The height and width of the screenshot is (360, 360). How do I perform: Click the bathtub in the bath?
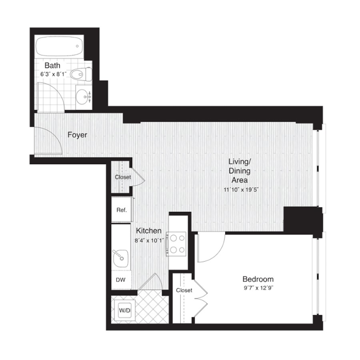click(x=59, y=46)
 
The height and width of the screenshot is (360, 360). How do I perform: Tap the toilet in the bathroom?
click(x=81, y=74)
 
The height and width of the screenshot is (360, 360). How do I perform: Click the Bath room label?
click(x=52, y=66)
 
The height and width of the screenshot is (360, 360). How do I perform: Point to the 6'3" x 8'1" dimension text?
click(x=54, y=74)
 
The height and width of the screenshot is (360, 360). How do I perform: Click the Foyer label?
click(x=77, y=135)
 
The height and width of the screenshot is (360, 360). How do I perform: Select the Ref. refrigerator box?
click(x=122, y=210)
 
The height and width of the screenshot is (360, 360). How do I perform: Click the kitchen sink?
click(x=120, y=258)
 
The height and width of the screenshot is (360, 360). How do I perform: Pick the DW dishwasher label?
click(x=120, y=280)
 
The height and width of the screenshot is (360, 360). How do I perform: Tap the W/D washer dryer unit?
click(x=125, y=311)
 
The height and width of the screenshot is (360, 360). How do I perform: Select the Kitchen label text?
click(x=149, y=230)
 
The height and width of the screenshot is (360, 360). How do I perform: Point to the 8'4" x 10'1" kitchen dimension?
click(x=149, y=241)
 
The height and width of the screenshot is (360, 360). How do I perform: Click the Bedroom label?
click(x=258, y=279)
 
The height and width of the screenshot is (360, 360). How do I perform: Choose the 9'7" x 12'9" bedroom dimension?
click(x=258, y=288)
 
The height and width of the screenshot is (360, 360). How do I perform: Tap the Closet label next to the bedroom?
click(x=184, y=290)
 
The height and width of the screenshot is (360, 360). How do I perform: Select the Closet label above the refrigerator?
click(x=123, y=177)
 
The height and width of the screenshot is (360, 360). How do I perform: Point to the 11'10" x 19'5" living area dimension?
click(x=241, y=190)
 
